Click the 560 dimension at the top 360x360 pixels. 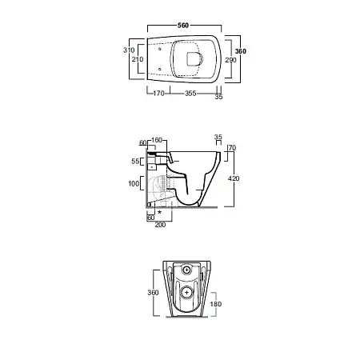(183, 26)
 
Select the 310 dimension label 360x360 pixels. (129, 50)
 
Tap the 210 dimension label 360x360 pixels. (138, 59)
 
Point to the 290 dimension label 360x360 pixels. (230, 60)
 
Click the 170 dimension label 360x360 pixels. (158, 94)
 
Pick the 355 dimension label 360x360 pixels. (190, 94)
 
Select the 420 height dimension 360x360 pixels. (234, 178)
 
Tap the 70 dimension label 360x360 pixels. (232, 148)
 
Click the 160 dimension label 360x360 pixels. (157, 140)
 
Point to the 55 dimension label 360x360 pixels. (135, 161)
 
